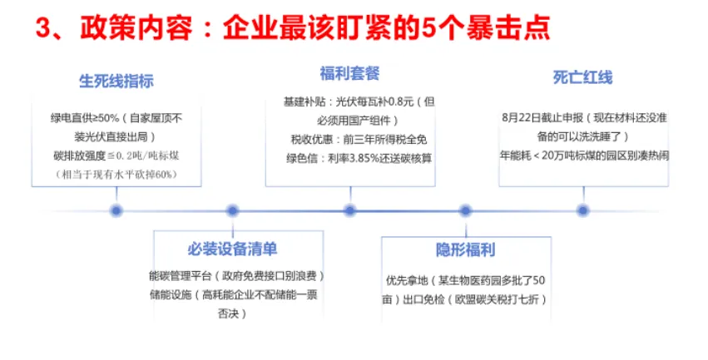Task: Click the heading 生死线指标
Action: [116, 81]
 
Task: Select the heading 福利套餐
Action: [349, 74]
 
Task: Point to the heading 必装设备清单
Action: [232, 249]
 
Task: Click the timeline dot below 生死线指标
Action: [116, 210]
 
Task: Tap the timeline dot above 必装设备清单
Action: [232, 210]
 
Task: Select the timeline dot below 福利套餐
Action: [349, 210]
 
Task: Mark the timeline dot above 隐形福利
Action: [465, 210]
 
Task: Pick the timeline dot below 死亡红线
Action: [582, 210]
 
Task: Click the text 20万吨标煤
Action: [577, 155]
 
